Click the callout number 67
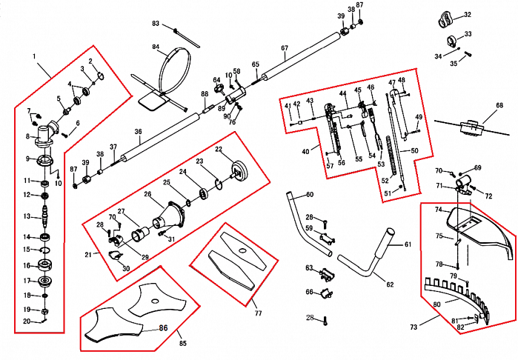point(285,48)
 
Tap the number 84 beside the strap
point(156,47)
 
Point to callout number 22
point(219,149)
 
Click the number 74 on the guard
point(438,210)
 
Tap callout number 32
point(467,15)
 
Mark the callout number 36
point(138,132)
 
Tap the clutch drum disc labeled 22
point(239,170)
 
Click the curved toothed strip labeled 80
point(453,296)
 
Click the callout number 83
point(156,24)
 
